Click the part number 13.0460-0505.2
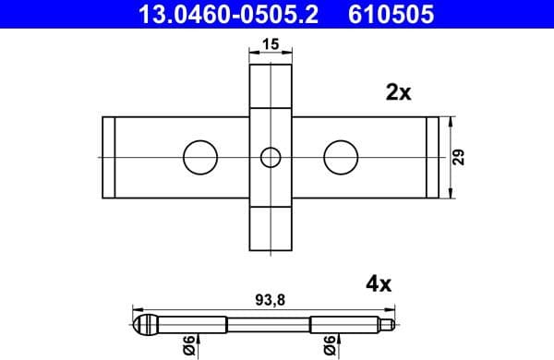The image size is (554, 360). (x=227, y=14)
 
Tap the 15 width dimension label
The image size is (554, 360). (x=270, y=43)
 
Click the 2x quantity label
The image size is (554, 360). (x=398, y=92)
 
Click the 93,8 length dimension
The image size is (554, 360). (x=269, y=298)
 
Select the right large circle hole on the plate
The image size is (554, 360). (x=340, y=157)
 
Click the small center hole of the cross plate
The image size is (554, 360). (x=270, y=157)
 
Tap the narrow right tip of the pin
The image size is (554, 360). (x=392, y=324)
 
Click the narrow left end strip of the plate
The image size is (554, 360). (x=107, y=157)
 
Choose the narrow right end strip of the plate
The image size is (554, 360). (x=431, y=157)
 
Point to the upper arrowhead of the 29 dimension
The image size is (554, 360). (x=450, y=122)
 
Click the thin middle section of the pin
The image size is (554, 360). (x=269, y=324)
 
